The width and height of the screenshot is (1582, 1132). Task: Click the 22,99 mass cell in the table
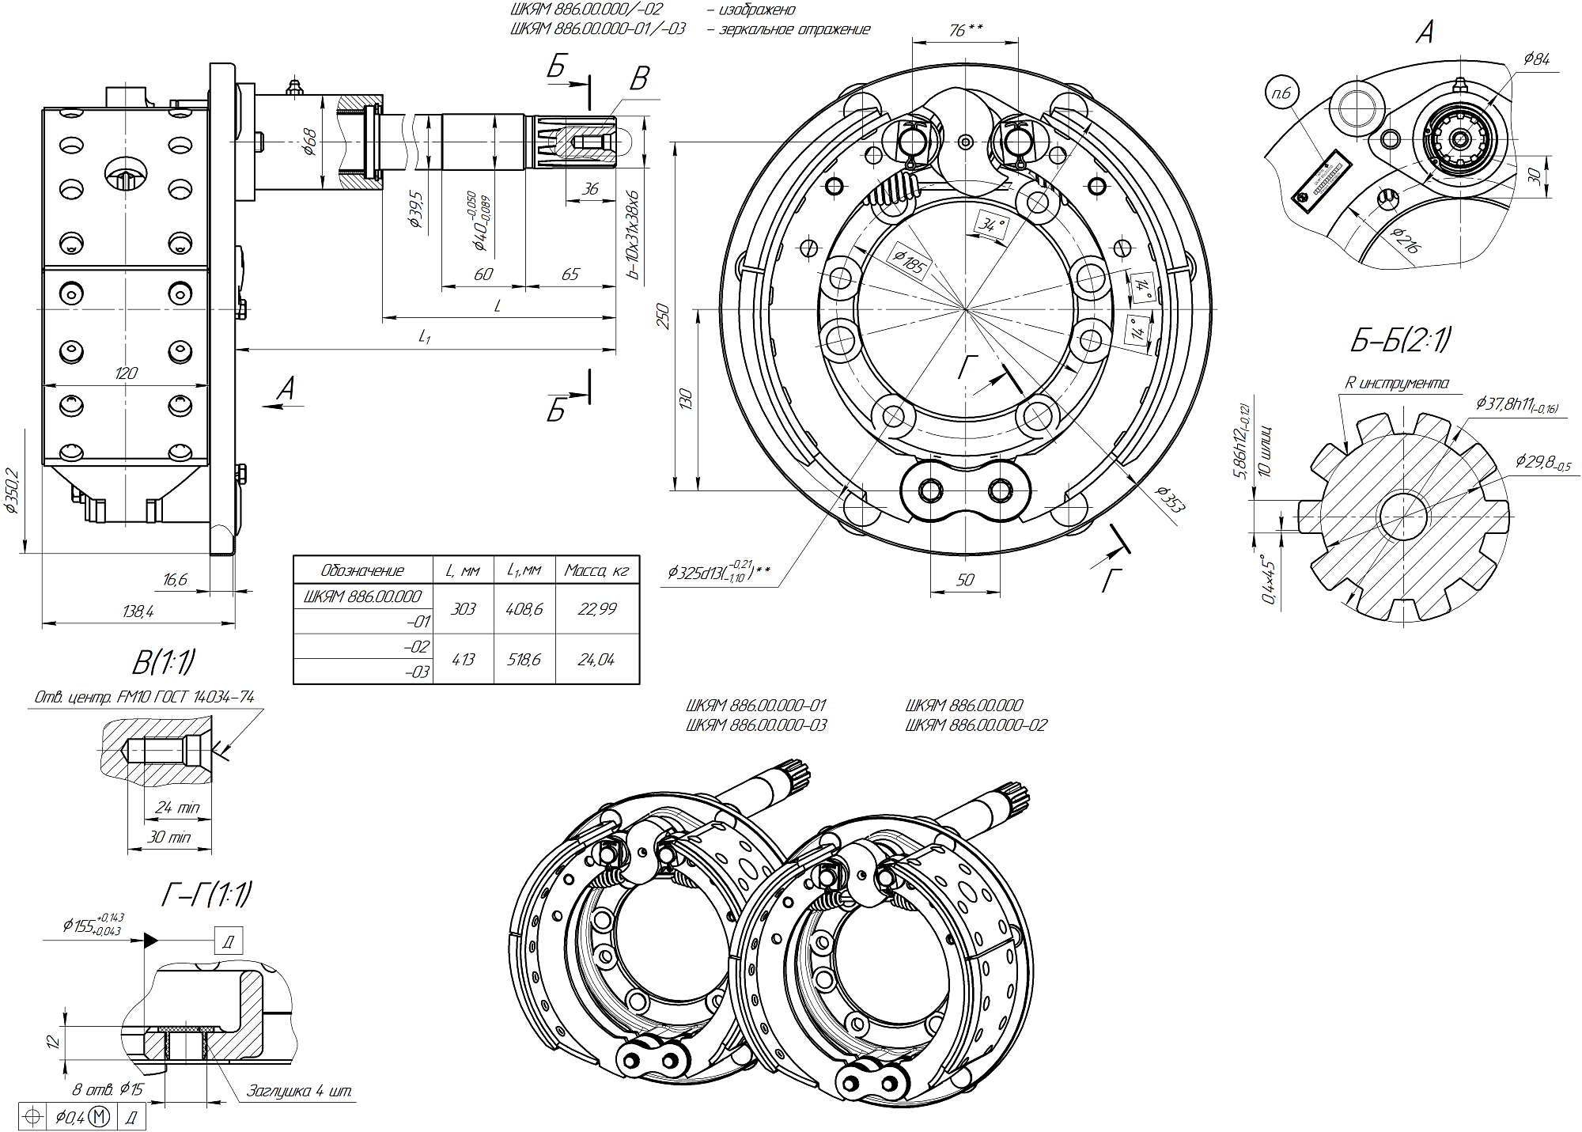pyautogui.click(x=596, y=609)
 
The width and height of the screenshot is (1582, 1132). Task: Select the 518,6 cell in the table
pyautogui.click(x=524, y=659)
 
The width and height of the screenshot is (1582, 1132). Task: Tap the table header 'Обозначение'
pyautogui.click(x=363, y=570)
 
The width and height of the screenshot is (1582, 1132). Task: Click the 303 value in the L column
pyautogui.click(x=463, y=609)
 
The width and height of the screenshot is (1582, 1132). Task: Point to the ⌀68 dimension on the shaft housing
pyautogui.click(x=311, y=142)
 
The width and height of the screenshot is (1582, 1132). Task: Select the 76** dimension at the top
pyautogui.click(x=965, y=30)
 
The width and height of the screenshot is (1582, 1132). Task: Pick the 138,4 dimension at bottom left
pyautogui.click(x=138, y=611)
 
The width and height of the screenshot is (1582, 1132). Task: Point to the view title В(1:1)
pyautogui.click(x=164, y=663)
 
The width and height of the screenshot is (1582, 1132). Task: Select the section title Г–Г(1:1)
pyautogui.click(x=206, y=895)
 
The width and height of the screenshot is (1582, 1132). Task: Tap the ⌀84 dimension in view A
pyautogui.click(x=1535, y=59)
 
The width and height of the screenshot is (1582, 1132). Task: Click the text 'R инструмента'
pyautogui.click(x=1398, y=384)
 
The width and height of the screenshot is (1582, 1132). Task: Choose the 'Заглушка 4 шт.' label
pyautogui.click(x=300, y=1092)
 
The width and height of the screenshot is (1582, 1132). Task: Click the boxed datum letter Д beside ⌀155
pyautogui.click(x=229, y=941)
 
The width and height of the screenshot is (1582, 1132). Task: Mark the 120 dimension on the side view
pyautogui.click(x=126, y=373)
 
